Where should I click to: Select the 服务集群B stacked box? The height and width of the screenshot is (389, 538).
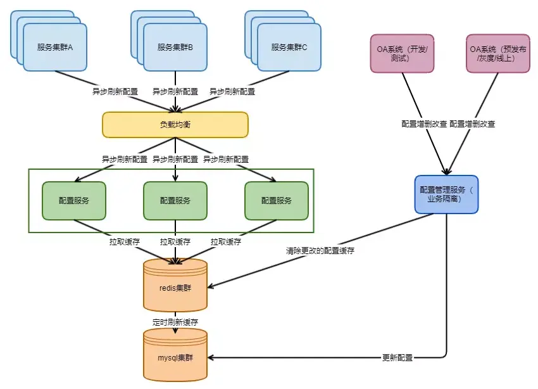coord(175,47)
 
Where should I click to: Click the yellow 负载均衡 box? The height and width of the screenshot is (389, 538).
coord(175,125)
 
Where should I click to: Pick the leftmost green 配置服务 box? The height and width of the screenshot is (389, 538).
coord(74,201)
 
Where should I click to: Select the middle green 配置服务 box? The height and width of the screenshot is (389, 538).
coord(175,201)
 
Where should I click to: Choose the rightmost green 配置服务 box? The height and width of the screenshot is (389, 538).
coord(277,201)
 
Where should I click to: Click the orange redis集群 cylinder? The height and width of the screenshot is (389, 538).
coord(175,286)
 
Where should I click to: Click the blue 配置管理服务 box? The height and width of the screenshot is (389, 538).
coord(447,194)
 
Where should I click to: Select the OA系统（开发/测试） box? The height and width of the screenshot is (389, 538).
coord(402,53)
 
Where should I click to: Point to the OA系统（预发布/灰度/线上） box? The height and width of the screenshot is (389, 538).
coord(498,53)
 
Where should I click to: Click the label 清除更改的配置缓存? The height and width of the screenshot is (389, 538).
coord(320,250)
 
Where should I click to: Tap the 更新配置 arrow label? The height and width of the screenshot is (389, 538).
coord(397,358)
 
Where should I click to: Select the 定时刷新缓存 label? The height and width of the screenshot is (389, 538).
coord(175,322)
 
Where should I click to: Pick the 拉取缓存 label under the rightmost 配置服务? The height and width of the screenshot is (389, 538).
coord(226,241)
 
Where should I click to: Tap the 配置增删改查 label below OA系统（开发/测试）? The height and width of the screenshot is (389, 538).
coord(424,124)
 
